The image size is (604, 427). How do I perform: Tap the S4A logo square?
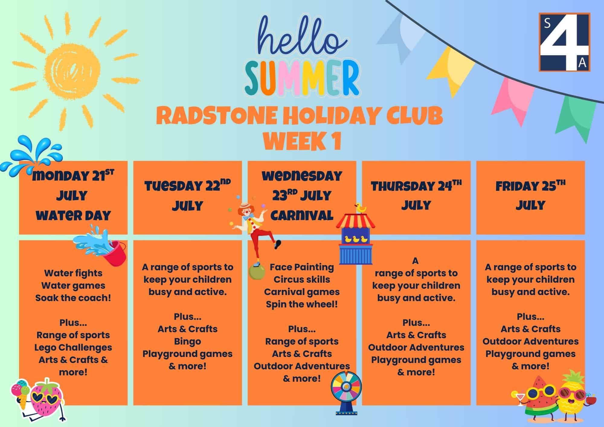click(564, 42)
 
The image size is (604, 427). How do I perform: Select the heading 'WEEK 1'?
click(302, 141)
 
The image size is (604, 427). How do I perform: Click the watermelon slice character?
click(539, 399)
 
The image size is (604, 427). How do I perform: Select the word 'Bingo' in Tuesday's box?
click(187, 342)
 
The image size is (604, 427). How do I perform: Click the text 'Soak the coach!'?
click(73, 298)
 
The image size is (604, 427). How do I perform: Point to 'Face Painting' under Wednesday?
click(302, 267)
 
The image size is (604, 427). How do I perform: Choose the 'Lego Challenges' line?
click(73, 348)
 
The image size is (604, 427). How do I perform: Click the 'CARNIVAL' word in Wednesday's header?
click(302, 215)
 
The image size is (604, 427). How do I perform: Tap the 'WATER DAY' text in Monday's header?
click(73, 216)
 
